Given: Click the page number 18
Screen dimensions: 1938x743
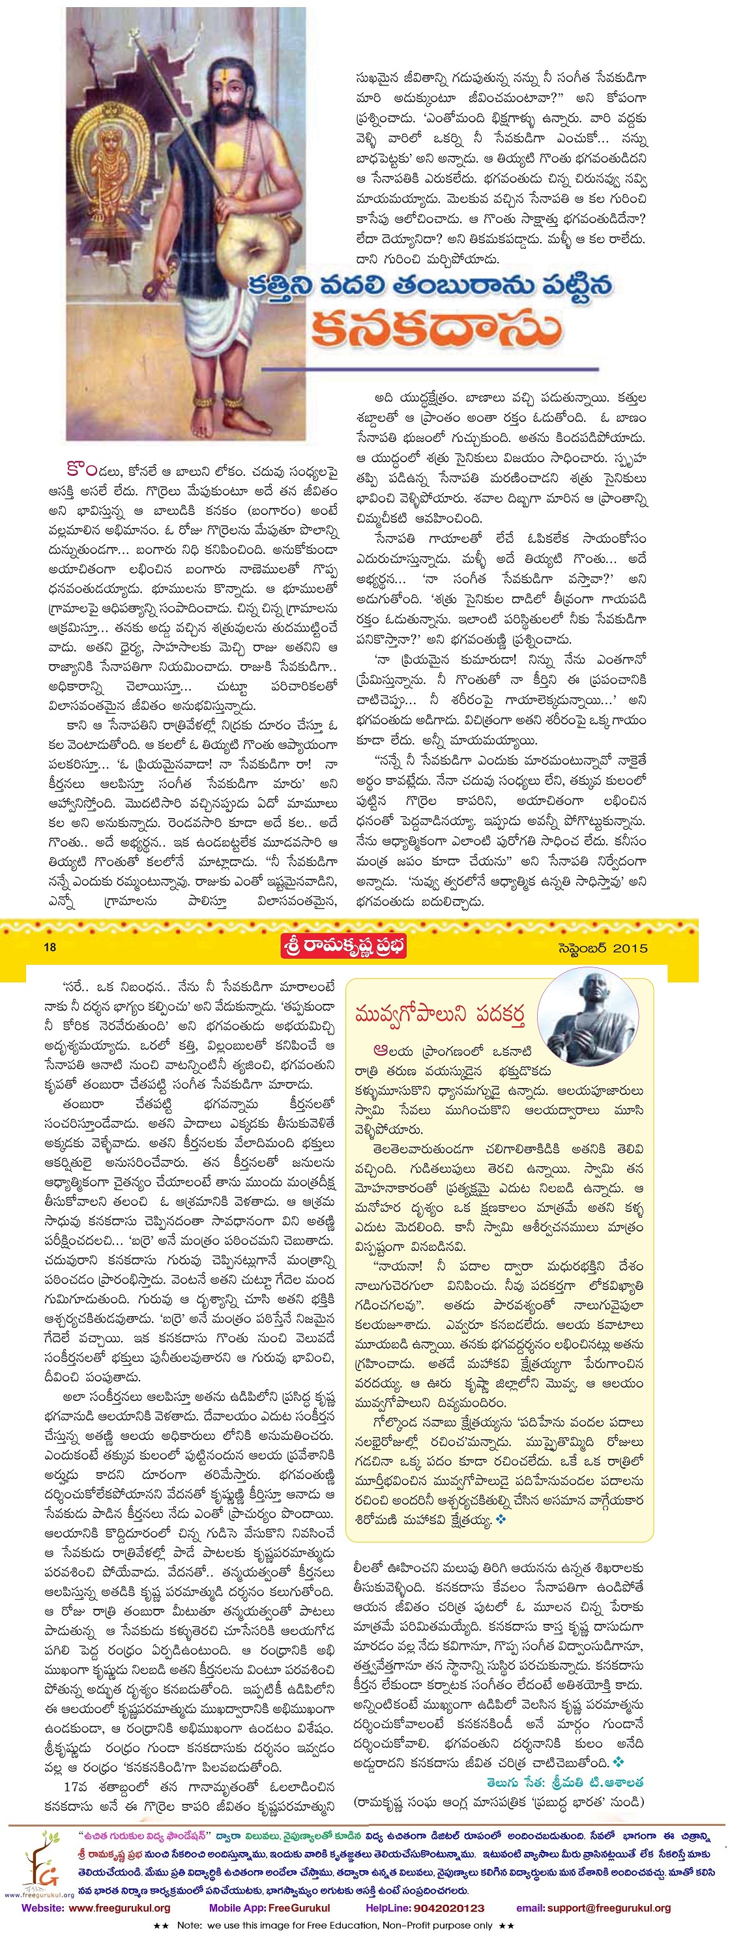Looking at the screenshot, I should tap(50, 947).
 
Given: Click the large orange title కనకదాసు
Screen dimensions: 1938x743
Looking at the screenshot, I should tap(435, 329).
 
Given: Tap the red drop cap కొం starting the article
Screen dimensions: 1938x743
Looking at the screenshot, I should tap(81, 469).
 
